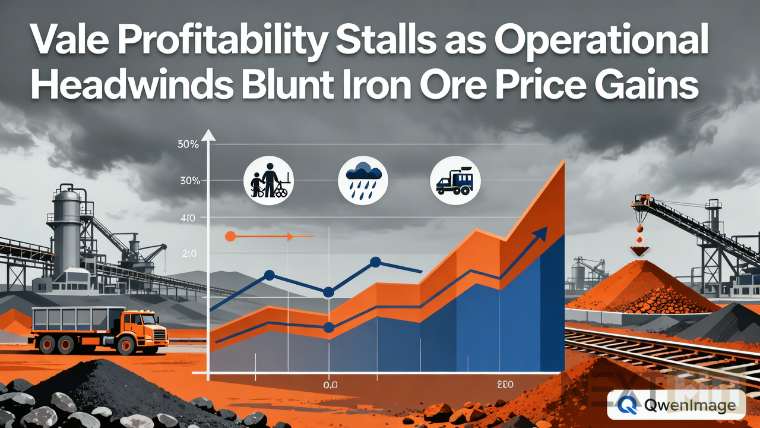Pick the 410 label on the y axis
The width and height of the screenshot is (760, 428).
tap(187, 218)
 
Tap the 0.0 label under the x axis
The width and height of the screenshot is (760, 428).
tap(330, 385)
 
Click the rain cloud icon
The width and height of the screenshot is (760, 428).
tap(362, 181)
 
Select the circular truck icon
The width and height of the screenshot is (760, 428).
tap(455, 180)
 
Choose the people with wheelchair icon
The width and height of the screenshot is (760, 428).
tap(269, 180)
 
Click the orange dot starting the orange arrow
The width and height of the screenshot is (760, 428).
tap(230, 237)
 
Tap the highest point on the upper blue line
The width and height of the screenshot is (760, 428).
tap(375, 262)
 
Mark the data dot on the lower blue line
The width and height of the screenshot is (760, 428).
tap(328, 328)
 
